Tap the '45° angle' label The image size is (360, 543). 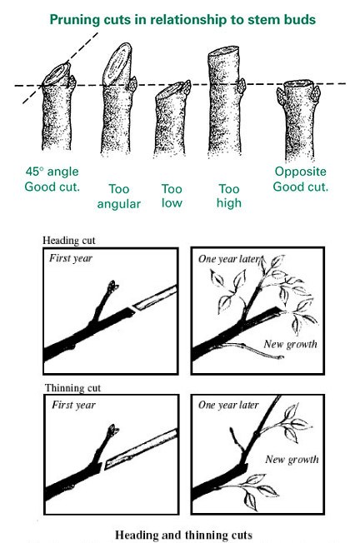[x=52, y=172]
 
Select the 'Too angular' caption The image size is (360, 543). [x=119, y=197]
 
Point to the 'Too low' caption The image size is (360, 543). [x=172, y=196]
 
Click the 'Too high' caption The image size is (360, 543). [x=229, y=196]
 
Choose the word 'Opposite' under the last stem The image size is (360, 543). [x=300, y=172]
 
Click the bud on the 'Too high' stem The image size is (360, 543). [x=242, y=86]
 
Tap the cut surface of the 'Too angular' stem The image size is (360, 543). [x=117, y=64]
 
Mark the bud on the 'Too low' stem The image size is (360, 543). [x=187, y=87]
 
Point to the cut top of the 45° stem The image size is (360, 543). [x=57, y=74]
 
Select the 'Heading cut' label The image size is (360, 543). [x=68, y=241]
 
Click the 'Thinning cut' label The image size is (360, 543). [x=72, y=388]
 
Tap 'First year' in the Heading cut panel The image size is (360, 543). [x=71, y=258]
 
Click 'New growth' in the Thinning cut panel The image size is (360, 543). [x=292, y=460]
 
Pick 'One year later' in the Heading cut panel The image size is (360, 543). [x=228, y=259]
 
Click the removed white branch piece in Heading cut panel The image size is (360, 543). [x=156, y=297]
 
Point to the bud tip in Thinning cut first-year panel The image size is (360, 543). [x=113, y=430]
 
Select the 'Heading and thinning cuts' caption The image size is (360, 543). [x=183, y=535]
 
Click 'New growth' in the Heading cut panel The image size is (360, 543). [x=290, y=344]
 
